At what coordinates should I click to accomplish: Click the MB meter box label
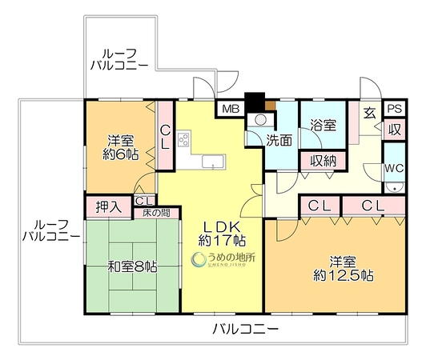231,109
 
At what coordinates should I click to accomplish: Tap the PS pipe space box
395,109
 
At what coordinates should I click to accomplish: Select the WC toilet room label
394,168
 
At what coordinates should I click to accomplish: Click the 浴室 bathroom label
324,126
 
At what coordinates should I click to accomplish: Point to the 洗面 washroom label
279,140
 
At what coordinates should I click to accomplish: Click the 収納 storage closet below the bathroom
324,161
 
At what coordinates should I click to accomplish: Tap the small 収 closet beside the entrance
395,130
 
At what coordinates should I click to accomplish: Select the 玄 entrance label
370,113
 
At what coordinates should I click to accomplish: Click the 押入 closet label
108,207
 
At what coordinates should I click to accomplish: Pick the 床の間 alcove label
156,213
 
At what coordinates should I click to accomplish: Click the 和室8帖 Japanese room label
132,266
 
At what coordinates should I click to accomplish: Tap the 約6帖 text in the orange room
121,154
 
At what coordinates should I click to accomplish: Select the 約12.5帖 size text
343,276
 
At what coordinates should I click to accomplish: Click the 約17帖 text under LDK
223,240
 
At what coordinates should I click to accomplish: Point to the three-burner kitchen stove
183,139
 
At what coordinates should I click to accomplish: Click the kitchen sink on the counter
214,162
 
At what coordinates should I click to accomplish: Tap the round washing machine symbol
261,119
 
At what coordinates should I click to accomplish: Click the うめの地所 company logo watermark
223,259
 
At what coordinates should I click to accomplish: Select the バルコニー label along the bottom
246,329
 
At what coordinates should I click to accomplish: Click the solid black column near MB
255,102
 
